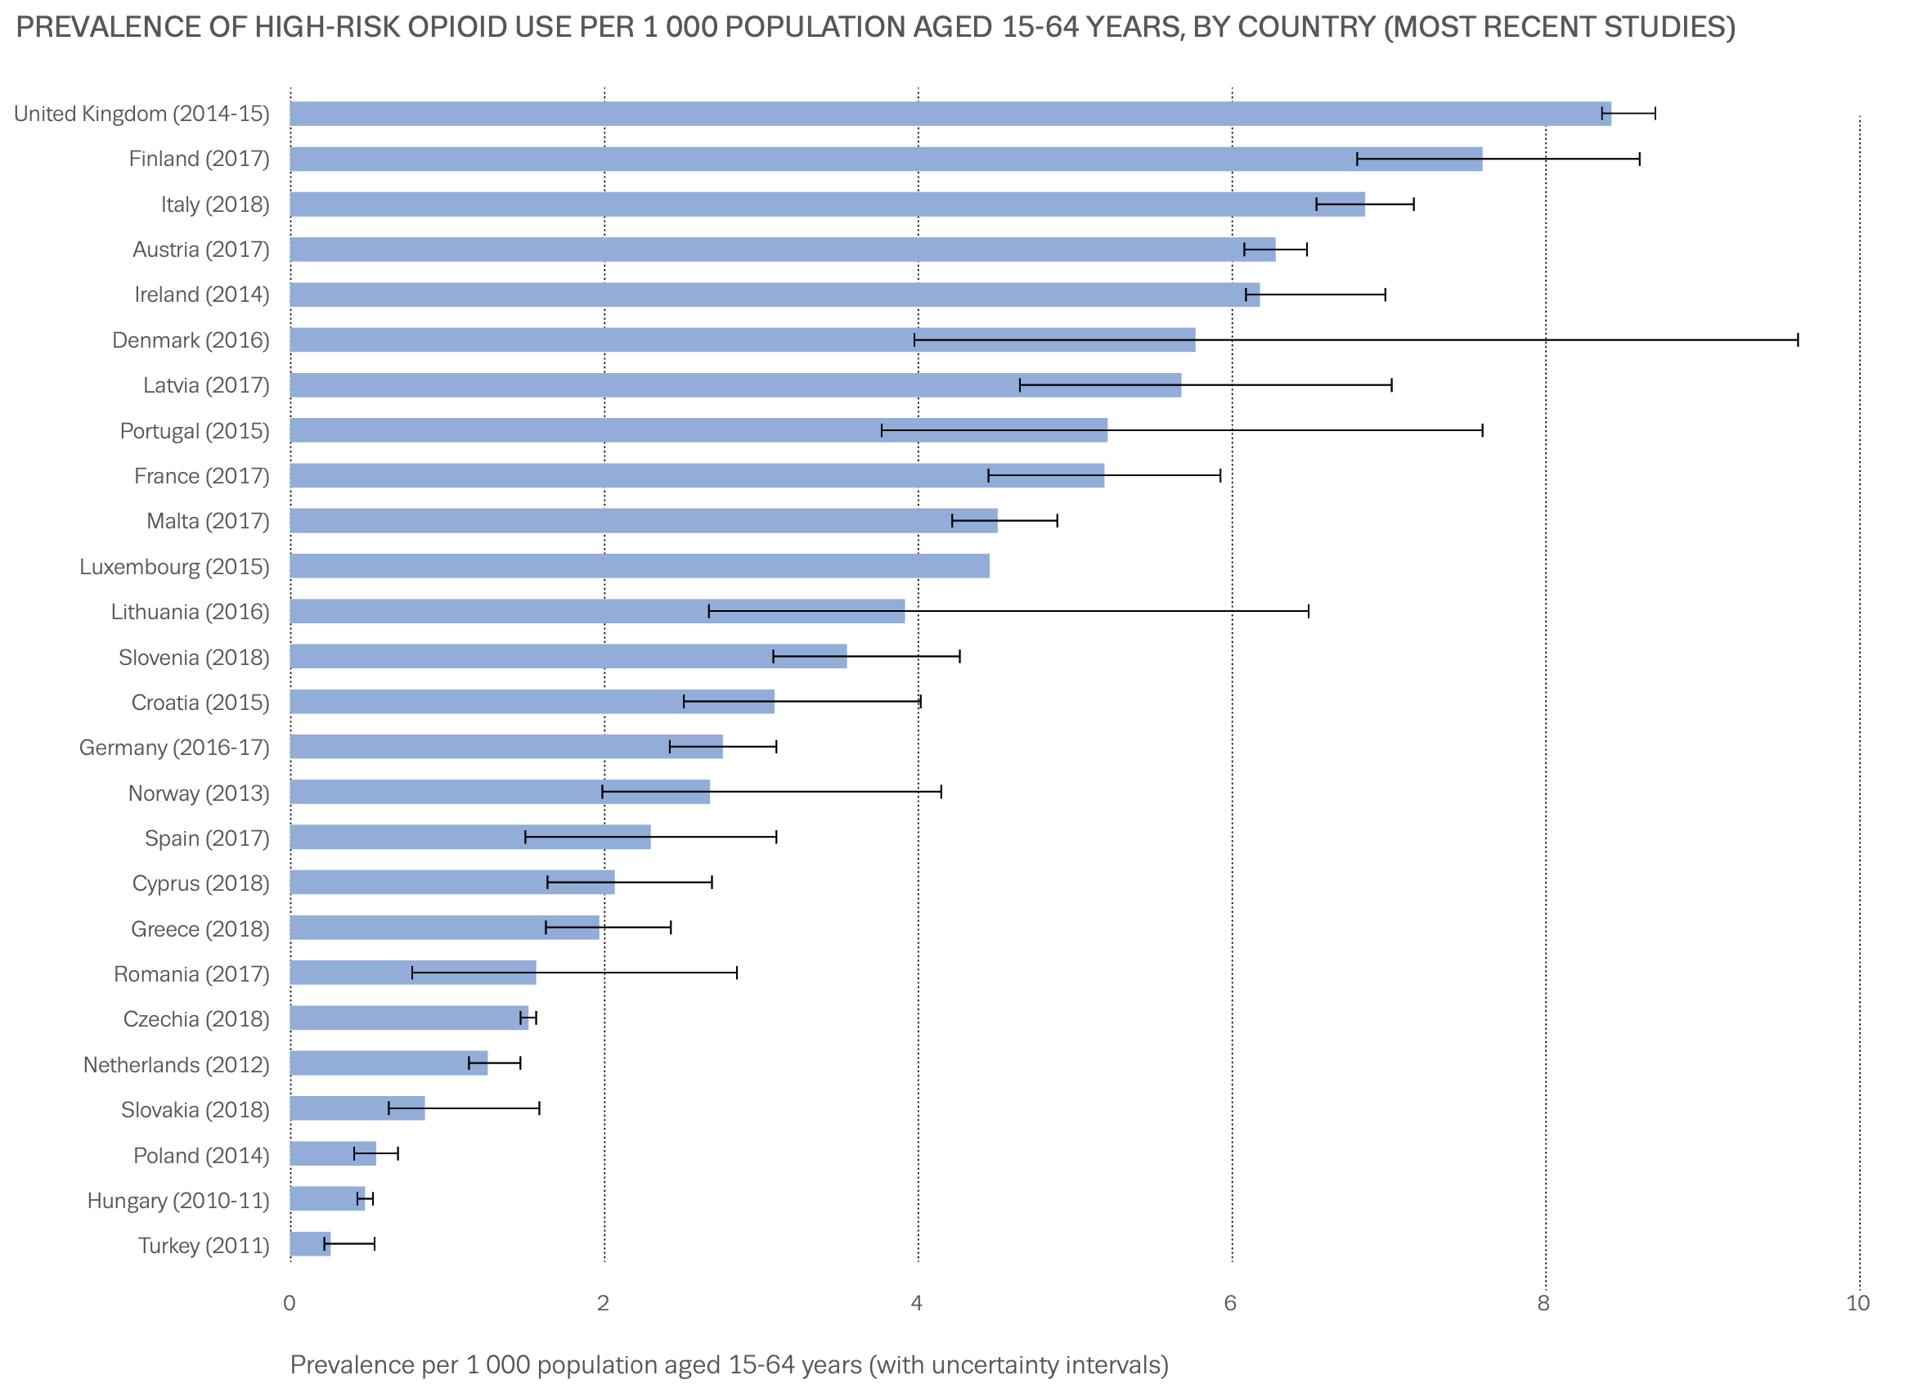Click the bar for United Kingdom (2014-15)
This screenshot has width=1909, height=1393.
pyautogui.click(x=950, y=114)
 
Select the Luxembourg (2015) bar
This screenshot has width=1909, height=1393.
pyautogui.click(x=639, y=567)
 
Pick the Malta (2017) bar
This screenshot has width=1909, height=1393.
pyautogui.click(x=644, y=521)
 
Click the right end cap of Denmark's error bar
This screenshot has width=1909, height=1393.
pyautogui.click(x=1798, y=340)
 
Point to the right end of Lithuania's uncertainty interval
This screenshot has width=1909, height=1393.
pyautogui.click(x=1309, y=612)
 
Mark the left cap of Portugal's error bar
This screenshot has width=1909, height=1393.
pyautogui.click(x=882, y=431)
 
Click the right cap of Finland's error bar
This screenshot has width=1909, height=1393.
pyautogui.click(x=1639, y=160)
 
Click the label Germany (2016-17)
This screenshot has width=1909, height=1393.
pyautogui.click(x=174, y=748)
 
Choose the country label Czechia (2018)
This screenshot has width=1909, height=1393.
pyautogui.click(x=196, y=1020)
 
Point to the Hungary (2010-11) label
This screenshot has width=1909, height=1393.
pyautogui.click(x=178, y=1202)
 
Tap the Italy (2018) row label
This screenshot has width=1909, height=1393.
pyautogui.click(x=215, y=205)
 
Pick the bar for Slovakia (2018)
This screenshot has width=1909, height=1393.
pyautogui.click(x=357, y=1110)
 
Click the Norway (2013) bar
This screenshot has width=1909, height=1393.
pyautogui.click(x=499, y=793)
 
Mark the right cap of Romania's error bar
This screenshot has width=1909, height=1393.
pyautogui.click(x=737, y=974)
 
